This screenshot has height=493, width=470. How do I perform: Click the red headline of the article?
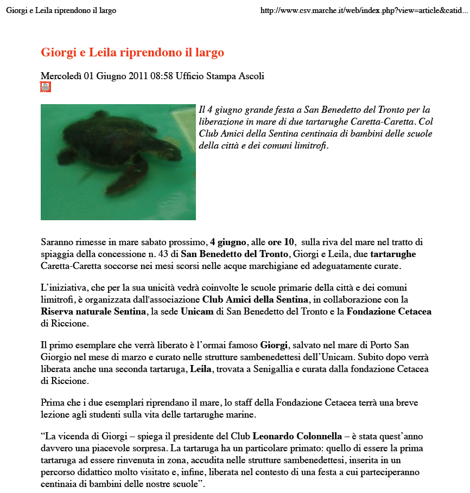coord(132,53)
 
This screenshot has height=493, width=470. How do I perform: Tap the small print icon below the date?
coord(46,87)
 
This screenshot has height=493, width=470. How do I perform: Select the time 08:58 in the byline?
coord(162,76)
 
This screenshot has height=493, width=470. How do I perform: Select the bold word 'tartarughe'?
coord(393,254)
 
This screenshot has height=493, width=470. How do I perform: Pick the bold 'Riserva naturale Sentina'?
coord(93,311)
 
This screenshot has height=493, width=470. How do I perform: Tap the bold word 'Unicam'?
coord(197,311)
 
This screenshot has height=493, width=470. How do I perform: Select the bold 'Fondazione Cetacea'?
coord(389,311)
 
